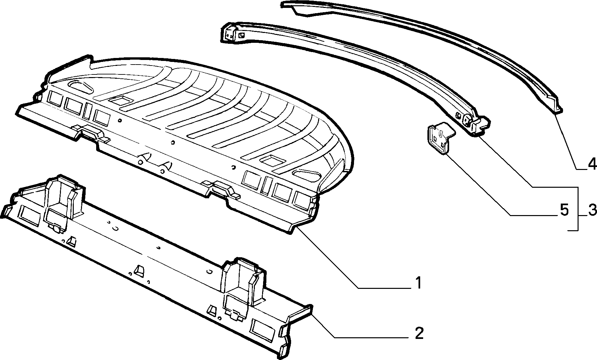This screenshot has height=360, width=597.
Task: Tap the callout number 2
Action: coord(419,333)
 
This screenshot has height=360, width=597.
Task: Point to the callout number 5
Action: coord(564,210)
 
